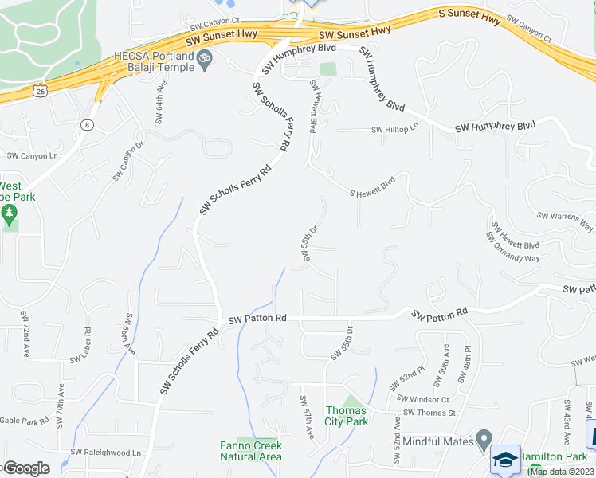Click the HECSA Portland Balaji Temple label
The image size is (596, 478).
pos(155,62)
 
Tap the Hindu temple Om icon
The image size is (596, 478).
pos(205,58)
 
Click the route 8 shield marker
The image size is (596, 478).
pos(87,124)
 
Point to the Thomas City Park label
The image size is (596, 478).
pos(347,416)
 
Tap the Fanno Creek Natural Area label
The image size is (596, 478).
pos(251,451)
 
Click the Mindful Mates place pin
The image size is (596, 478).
pos(484,440)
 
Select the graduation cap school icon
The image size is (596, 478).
pos(505,460)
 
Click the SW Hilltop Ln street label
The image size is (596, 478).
pos(394,130)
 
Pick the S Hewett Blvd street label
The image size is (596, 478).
pos(373,188)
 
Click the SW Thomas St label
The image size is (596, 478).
pos(429,413)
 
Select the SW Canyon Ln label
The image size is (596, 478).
pos(33,156)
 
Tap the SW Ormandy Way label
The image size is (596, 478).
pos(513,248)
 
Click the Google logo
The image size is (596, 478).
pos(25,468)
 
